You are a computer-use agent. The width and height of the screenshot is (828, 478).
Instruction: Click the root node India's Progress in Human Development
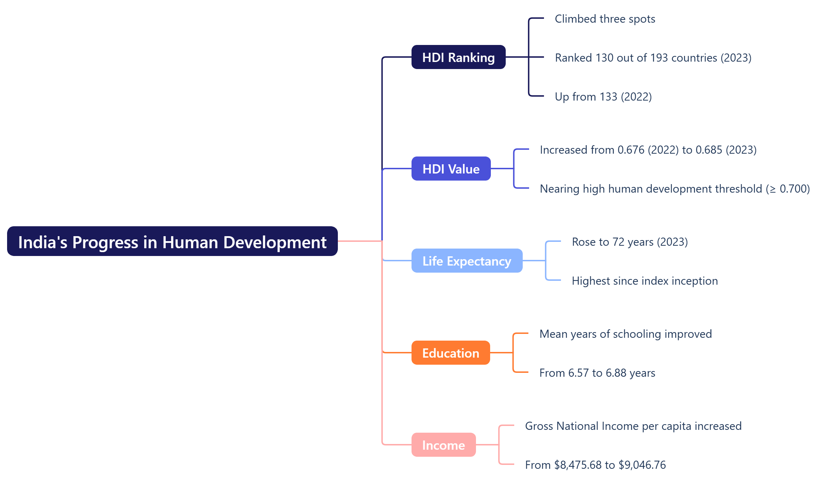[x=172, y=242]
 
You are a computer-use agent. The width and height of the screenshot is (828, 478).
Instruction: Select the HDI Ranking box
[x=458, y=57]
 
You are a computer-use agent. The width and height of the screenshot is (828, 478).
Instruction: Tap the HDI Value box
[x=451, y=169]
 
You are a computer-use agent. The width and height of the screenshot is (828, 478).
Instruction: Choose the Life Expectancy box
[x=467, y=261]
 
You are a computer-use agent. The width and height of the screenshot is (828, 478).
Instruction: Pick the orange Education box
[x=450, y=353]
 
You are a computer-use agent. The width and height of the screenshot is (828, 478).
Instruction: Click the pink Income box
[x=443, y=445]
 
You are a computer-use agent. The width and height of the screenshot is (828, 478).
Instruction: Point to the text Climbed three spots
[x=605, y=19]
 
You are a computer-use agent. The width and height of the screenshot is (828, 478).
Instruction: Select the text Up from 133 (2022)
[x=603, y=97]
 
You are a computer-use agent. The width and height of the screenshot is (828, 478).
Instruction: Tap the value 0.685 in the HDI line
[x=709, y=150]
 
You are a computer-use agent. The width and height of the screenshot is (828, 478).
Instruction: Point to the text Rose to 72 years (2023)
[x=630, y=242]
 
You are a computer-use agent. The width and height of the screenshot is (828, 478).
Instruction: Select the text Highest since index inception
[x=645, y=281]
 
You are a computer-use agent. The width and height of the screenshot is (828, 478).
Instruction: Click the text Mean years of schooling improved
[x=625, y=334]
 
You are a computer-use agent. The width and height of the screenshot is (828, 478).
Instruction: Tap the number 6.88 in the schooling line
[x=616, y=373]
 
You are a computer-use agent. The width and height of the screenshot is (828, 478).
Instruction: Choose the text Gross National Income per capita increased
[x=633, y=426]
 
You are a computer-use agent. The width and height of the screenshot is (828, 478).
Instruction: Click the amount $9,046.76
[x=642, y=465]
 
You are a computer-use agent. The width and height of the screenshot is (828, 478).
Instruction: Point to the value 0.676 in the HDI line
[x=631, y=150]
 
